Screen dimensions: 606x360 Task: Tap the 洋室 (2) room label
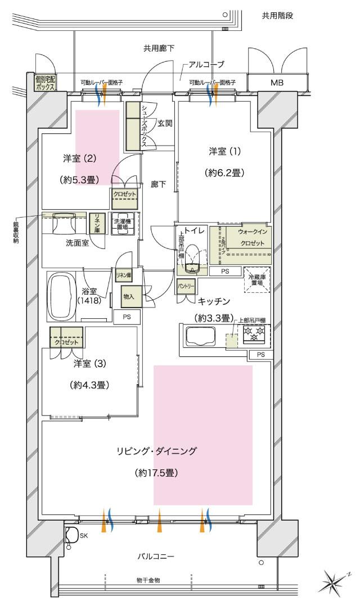tap(79, 159)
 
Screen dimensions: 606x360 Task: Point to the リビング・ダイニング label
tap(157, 451)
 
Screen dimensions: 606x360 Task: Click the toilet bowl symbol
tap(192, 256)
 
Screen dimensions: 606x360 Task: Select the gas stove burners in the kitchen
tap(254, 334)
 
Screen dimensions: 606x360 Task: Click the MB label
tap(277, 83)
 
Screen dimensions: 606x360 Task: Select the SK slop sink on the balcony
tap(72, 535)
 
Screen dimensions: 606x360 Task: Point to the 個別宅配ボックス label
tap(45, 84)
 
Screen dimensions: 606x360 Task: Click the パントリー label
tap(186, 286)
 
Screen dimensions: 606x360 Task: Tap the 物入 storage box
tap(128, 296)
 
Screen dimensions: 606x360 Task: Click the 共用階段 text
tap(278, 16)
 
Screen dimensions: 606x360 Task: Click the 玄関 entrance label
tap(165, 123)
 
